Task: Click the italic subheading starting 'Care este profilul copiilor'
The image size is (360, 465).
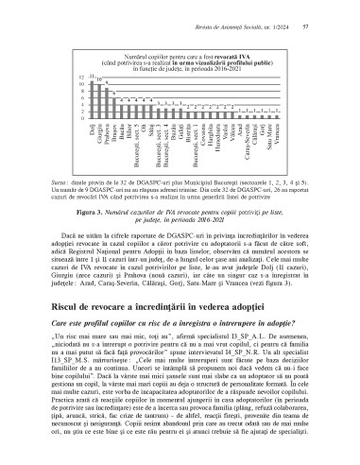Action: point(180,323)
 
